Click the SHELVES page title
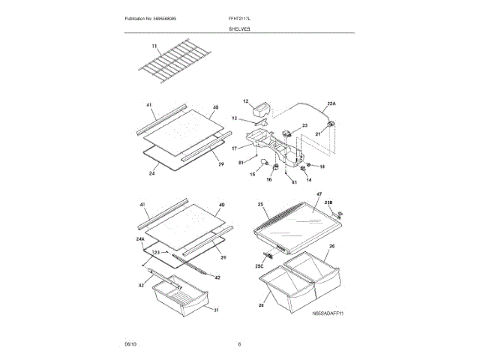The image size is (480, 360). click(240, 28)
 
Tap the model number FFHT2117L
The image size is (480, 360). click(240, 18)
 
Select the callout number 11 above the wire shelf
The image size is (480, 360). click(155, 47)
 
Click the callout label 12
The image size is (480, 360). click(244, 100)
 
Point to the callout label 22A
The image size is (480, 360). click(331, 103)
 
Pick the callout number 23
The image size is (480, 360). click(305, 126)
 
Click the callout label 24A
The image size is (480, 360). click(140, 239)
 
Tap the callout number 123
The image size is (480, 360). click(154, 252)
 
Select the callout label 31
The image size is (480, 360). click(216, 310)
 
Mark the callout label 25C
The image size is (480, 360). click(259, 267)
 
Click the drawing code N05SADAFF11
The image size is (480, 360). click(328, 314)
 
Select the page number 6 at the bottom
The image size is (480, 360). click(239, 343)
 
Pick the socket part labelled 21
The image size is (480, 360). click(331, 124)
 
